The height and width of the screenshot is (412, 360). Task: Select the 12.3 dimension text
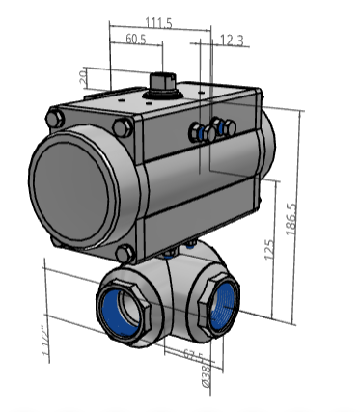pos(232,40)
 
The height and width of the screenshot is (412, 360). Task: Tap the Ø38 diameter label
pos(205,373)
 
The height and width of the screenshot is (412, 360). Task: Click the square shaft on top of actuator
pos(161,80)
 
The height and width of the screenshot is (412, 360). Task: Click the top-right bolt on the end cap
pos(125,128)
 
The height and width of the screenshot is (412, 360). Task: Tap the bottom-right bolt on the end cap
pos(124,253)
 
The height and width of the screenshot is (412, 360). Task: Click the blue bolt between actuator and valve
pos(170,254)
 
